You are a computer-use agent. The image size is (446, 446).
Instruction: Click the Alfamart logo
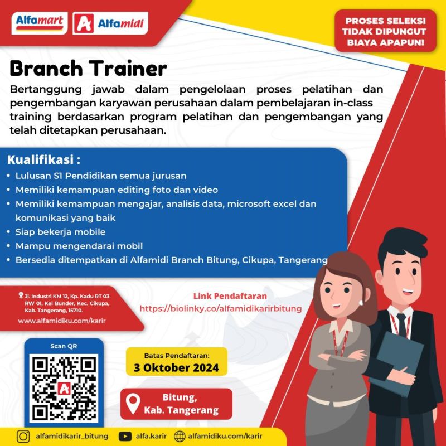[40, 23]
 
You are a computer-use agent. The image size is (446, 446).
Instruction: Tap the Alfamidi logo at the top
[110, 23]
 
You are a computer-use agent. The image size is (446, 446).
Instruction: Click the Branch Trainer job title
[89, 69]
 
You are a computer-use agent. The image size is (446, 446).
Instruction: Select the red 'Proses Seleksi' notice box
[385, 31]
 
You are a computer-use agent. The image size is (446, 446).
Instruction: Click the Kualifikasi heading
[44, 159]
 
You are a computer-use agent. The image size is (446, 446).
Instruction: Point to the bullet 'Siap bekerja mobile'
[60, 232]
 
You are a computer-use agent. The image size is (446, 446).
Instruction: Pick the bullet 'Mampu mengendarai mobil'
[79, 246]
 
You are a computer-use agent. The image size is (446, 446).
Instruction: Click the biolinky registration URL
[221, 309]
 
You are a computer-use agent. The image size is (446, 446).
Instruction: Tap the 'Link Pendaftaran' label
[230, 296]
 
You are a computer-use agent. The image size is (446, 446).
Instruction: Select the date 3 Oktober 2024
[176, 368]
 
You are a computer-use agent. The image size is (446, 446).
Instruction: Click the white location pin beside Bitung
[133, 404]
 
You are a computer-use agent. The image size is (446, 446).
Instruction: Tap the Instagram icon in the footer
[23, 437]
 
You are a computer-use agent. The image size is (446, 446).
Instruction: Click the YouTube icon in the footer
[125, 437]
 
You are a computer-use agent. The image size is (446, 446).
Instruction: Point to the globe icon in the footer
[180, 437]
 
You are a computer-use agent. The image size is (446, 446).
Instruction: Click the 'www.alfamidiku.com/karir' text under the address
[62, 321]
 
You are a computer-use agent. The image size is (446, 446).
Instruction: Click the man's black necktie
[401, 325]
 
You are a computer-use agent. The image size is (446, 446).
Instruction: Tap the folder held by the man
[397, 364]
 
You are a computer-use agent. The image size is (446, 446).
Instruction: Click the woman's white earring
[361, 303]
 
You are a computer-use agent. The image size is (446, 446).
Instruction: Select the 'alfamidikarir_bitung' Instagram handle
[72, 437]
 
